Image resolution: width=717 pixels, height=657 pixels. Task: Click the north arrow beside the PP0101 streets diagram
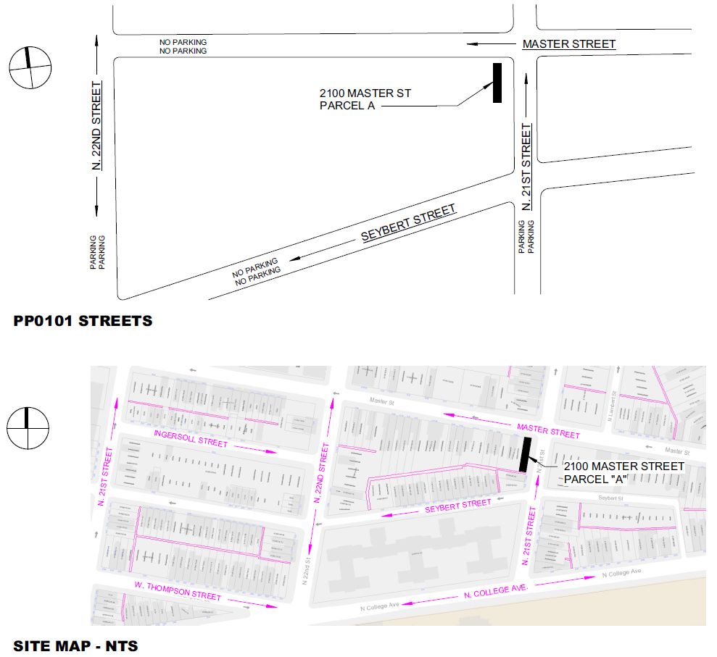pyautogui.click(x=30, y=67)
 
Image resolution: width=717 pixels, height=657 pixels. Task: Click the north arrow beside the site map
pyautogui.click(x=28, y=428)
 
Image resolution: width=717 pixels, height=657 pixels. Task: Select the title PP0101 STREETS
pyautogui.click(x=83, y=320)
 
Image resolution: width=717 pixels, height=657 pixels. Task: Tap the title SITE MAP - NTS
pyautogui.click(x=75, y=644)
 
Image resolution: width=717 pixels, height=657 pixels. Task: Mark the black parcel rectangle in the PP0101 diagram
pyautogui.click(x=497, y=83)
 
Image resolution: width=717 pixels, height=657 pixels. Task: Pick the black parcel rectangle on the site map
pyautogui.click(x=526, y=454)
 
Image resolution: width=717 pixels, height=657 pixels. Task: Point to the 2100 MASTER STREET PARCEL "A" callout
pyautogui.click(x=623, y=472)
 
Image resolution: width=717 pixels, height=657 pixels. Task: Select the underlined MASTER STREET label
pyautogui.click(x=569, y=44)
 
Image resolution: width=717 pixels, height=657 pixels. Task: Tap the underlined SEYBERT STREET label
pyautogui.click(x=409, y=222)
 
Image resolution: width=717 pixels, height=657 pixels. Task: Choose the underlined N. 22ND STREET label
pyautogui.click(x=97, y=126)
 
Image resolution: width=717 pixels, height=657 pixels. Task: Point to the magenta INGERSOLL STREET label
pyautogui.click(x=191, y=439)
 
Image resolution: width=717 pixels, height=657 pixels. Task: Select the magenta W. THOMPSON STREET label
pyautogui.click(x=177, y=590)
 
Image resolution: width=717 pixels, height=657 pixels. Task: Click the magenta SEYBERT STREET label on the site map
pyautogui.click(x=458, y=506)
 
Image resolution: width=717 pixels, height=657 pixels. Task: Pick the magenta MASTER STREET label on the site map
pyautogui.click(x=547, y=430)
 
